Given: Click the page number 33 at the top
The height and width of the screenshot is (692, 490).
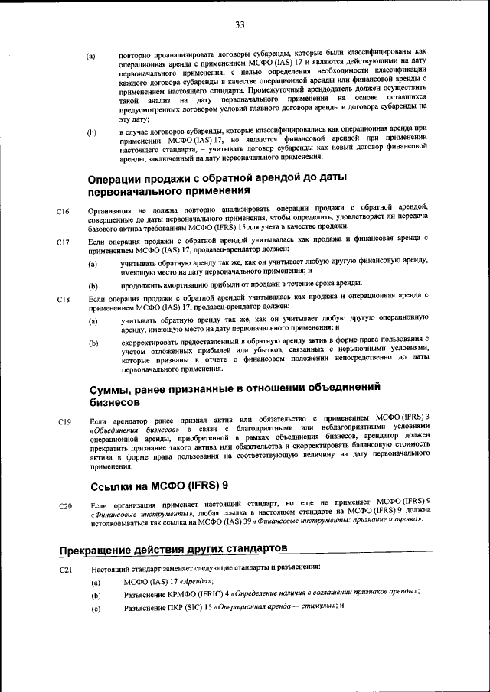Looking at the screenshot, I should click(240, 25).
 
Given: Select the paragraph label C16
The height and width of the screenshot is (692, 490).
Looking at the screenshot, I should click(64, 211).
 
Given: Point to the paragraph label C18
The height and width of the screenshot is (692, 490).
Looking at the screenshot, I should click(64, 299).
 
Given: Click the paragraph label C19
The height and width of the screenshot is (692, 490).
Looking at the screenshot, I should click(64, 421).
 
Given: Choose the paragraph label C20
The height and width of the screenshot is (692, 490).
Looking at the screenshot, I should click(64, 506).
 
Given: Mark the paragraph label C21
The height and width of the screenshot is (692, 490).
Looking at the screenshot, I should click(64, 571).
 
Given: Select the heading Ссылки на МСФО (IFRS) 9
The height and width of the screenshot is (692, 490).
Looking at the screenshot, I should click(158, 486).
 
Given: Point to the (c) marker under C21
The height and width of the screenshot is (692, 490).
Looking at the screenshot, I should click(96, 609).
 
